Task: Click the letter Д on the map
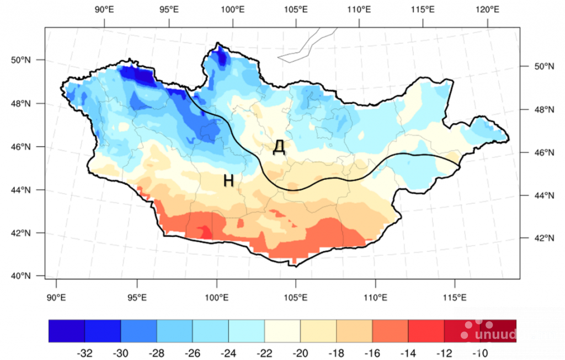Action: (x=279, y=147)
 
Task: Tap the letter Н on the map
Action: (x=229, y=180)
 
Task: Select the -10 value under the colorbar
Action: (x=480, y=353)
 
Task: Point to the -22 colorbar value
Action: (x=264, y=353)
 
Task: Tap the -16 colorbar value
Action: (x=372, y=353)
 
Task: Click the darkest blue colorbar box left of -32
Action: (x=66, y=331)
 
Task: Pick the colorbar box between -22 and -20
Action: (x=282, y=331)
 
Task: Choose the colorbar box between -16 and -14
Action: (x=390, y=331)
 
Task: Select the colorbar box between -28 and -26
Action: (x=174, y=331)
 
